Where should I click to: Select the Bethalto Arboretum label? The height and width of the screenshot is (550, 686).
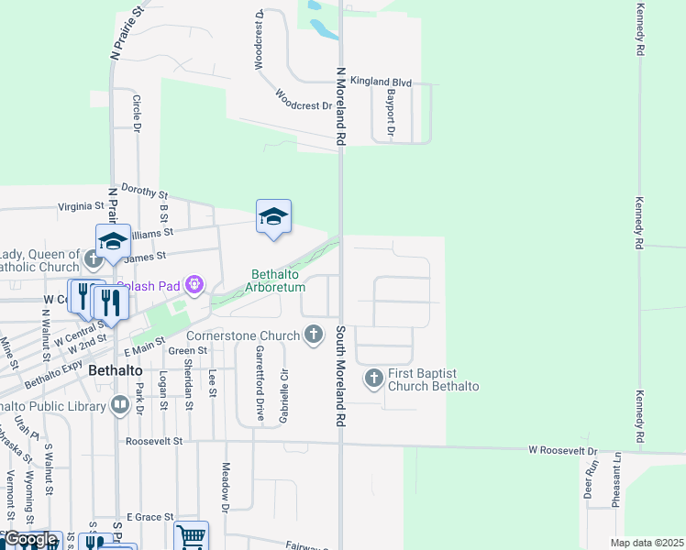279,280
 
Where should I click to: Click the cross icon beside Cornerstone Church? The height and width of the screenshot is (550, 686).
315,334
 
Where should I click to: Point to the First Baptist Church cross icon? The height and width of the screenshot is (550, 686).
374,378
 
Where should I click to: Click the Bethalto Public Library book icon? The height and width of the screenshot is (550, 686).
120,404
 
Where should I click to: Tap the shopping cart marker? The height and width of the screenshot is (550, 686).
192,536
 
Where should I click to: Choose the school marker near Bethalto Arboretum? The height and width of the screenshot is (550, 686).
273,217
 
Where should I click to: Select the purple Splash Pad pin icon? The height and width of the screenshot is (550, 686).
194,286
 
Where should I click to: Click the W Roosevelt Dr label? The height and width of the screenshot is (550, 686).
562,451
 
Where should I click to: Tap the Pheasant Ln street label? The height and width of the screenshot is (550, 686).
617,480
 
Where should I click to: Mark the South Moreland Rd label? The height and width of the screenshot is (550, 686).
339,376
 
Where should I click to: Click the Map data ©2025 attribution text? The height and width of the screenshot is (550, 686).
646,543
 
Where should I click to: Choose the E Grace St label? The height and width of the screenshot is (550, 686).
150,518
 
